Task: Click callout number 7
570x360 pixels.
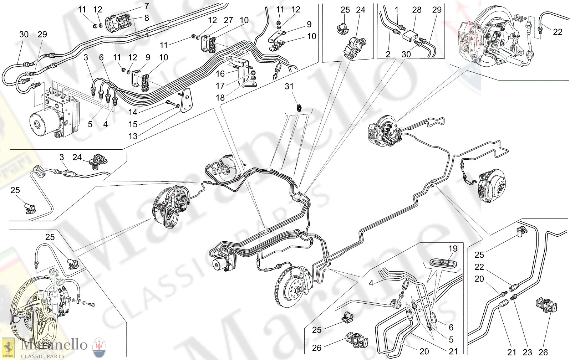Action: click(x=147, y=6)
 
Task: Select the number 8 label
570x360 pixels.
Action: click(x=147, y=18)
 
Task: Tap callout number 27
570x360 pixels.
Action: click(x=228, y=20)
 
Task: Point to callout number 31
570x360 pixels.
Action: click(x=289, y=86)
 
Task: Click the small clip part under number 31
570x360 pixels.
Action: click(x=299, y=107)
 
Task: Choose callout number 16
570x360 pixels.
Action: click(x=220, y=73)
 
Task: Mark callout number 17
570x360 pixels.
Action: click(x=220, y=86)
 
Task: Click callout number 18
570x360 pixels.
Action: click(x=220, y=98)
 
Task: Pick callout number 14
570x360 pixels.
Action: click(x=133, y=112)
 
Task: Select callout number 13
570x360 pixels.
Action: click(x=133, y=136)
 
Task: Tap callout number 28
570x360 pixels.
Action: click(x=417, y=10)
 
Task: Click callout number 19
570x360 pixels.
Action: click(x=453, y=248)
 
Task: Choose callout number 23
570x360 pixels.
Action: click(x=527, y=352)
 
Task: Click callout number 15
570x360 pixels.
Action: click(x=133, y=124)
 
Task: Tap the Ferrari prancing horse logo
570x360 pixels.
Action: click(x=8, y=348)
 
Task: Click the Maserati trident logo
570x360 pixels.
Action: click(x=99, y=348)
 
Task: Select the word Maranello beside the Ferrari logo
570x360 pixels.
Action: click(x=54, y=345)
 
